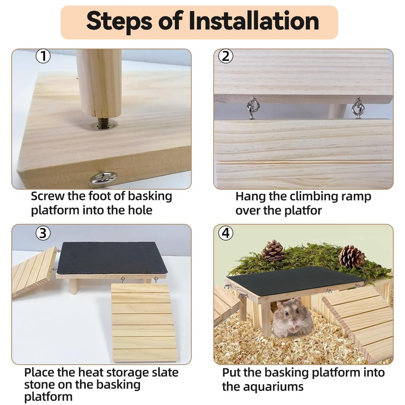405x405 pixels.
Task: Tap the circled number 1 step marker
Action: [43, 57]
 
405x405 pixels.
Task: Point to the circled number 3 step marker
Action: [43, 233]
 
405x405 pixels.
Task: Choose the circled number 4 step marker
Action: [226, 233]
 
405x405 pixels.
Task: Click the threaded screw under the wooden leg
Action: [103, 121]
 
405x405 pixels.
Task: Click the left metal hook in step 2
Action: [252, 108]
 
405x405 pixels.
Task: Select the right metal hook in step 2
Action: [358, 108]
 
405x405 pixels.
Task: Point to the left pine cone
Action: [273, 251]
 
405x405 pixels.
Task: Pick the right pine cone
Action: [351, 256]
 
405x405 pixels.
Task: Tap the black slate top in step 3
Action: [111, 258]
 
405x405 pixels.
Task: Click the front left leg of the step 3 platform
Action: [73, 287]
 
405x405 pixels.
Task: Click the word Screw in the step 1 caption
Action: [47, 196]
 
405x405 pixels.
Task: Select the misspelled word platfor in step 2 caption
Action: [303, 211]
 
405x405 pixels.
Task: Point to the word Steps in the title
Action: [119, 22]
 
